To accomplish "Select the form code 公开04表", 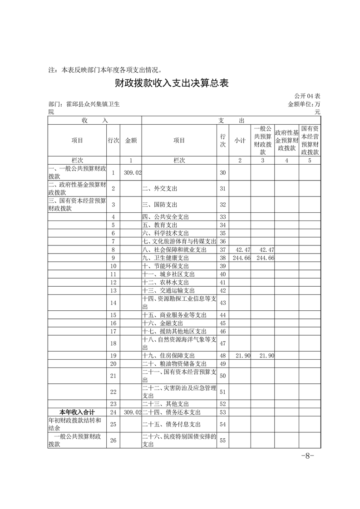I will tap(307, 96).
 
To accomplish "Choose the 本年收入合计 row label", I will tap(77, 412).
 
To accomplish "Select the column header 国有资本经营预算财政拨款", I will tap(310, 140).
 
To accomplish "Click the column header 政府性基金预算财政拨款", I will tap(286, 140).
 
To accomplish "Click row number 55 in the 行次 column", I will tap(222, 440).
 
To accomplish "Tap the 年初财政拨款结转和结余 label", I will tap(75, 424).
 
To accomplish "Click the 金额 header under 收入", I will tap(131, 141).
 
